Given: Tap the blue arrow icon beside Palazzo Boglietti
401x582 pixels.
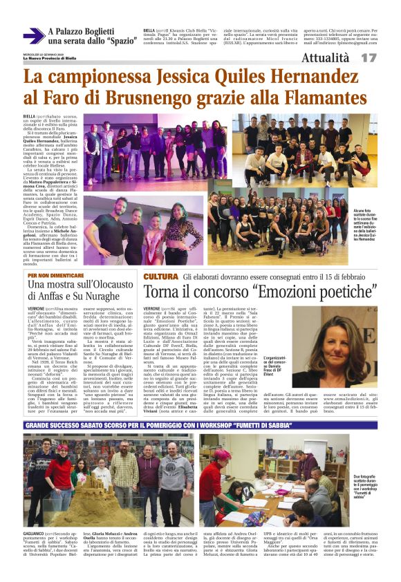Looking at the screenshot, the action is click(x=33, y=35).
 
